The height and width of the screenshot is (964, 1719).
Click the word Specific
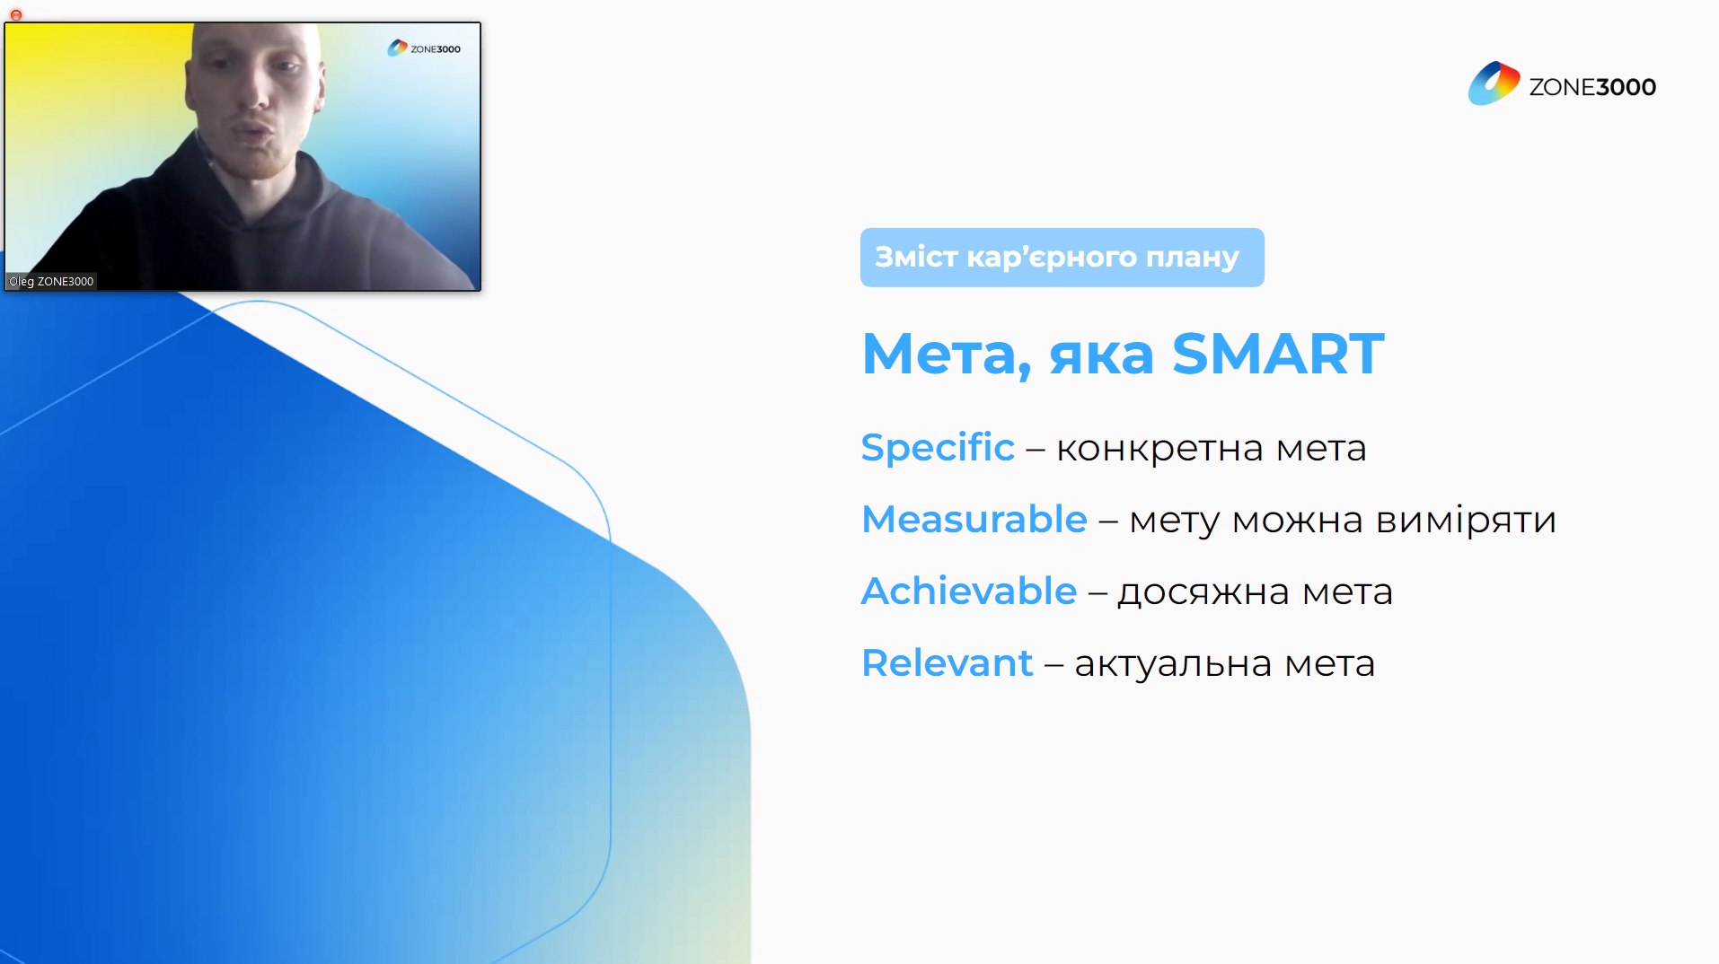click(938, 447)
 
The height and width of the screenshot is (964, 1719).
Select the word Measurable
click(974, 519)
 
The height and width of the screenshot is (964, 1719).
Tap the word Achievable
click(969, 591)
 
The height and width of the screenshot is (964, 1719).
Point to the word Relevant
click(948, 662)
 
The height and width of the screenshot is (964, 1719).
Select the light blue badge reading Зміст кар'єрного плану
click(1062, 258)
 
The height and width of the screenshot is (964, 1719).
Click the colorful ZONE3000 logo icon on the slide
click(1494, 83)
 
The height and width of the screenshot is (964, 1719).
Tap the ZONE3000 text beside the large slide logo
click(1592, 87)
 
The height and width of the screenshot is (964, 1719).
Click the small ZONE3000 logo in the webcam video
click(424, 48)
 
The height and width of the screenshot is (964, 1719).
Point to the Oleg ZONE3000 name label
click(51, 281)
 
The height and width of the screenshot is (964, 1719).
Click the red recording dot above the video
click(16, 14)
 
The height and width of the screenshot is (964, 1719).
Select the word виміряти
click(1466, 520)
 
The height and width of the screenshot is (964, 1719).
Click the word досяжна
click(1203, 592)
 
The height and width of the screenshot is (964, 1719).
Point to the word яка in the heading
click(1101, 355)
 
